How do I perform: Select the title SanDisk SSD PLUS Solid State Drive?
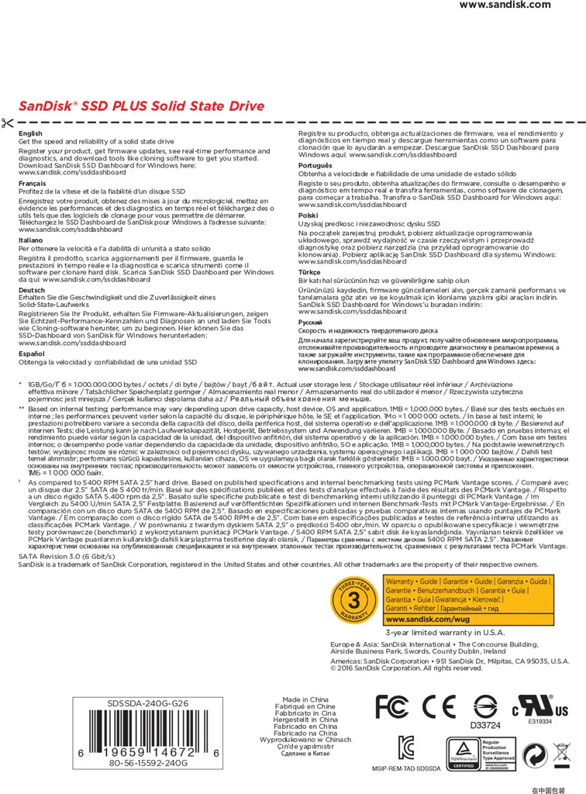[141, 106]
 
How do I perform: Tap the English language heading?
[31, 134]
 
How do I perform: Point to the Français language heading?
[33, 183]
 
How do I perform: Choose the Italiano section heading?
[31, 240]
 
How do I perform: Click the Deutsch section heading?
[32, 290]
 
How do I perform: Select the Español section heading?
[32, 354]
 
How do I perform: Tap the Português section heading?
[315, 166]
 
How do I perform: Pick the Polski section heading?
[309, 215]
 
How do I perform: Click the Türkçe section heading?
[310, 273]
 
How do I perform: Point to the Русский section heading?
[311, 321]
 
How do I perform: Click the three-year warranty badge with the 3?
[354, 600]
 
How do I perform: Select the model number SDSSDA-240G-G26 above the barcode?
[147, 703]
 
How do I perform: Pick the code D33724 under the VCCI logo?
[486, 726]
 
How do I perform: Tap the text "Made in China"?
[305, 699]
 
